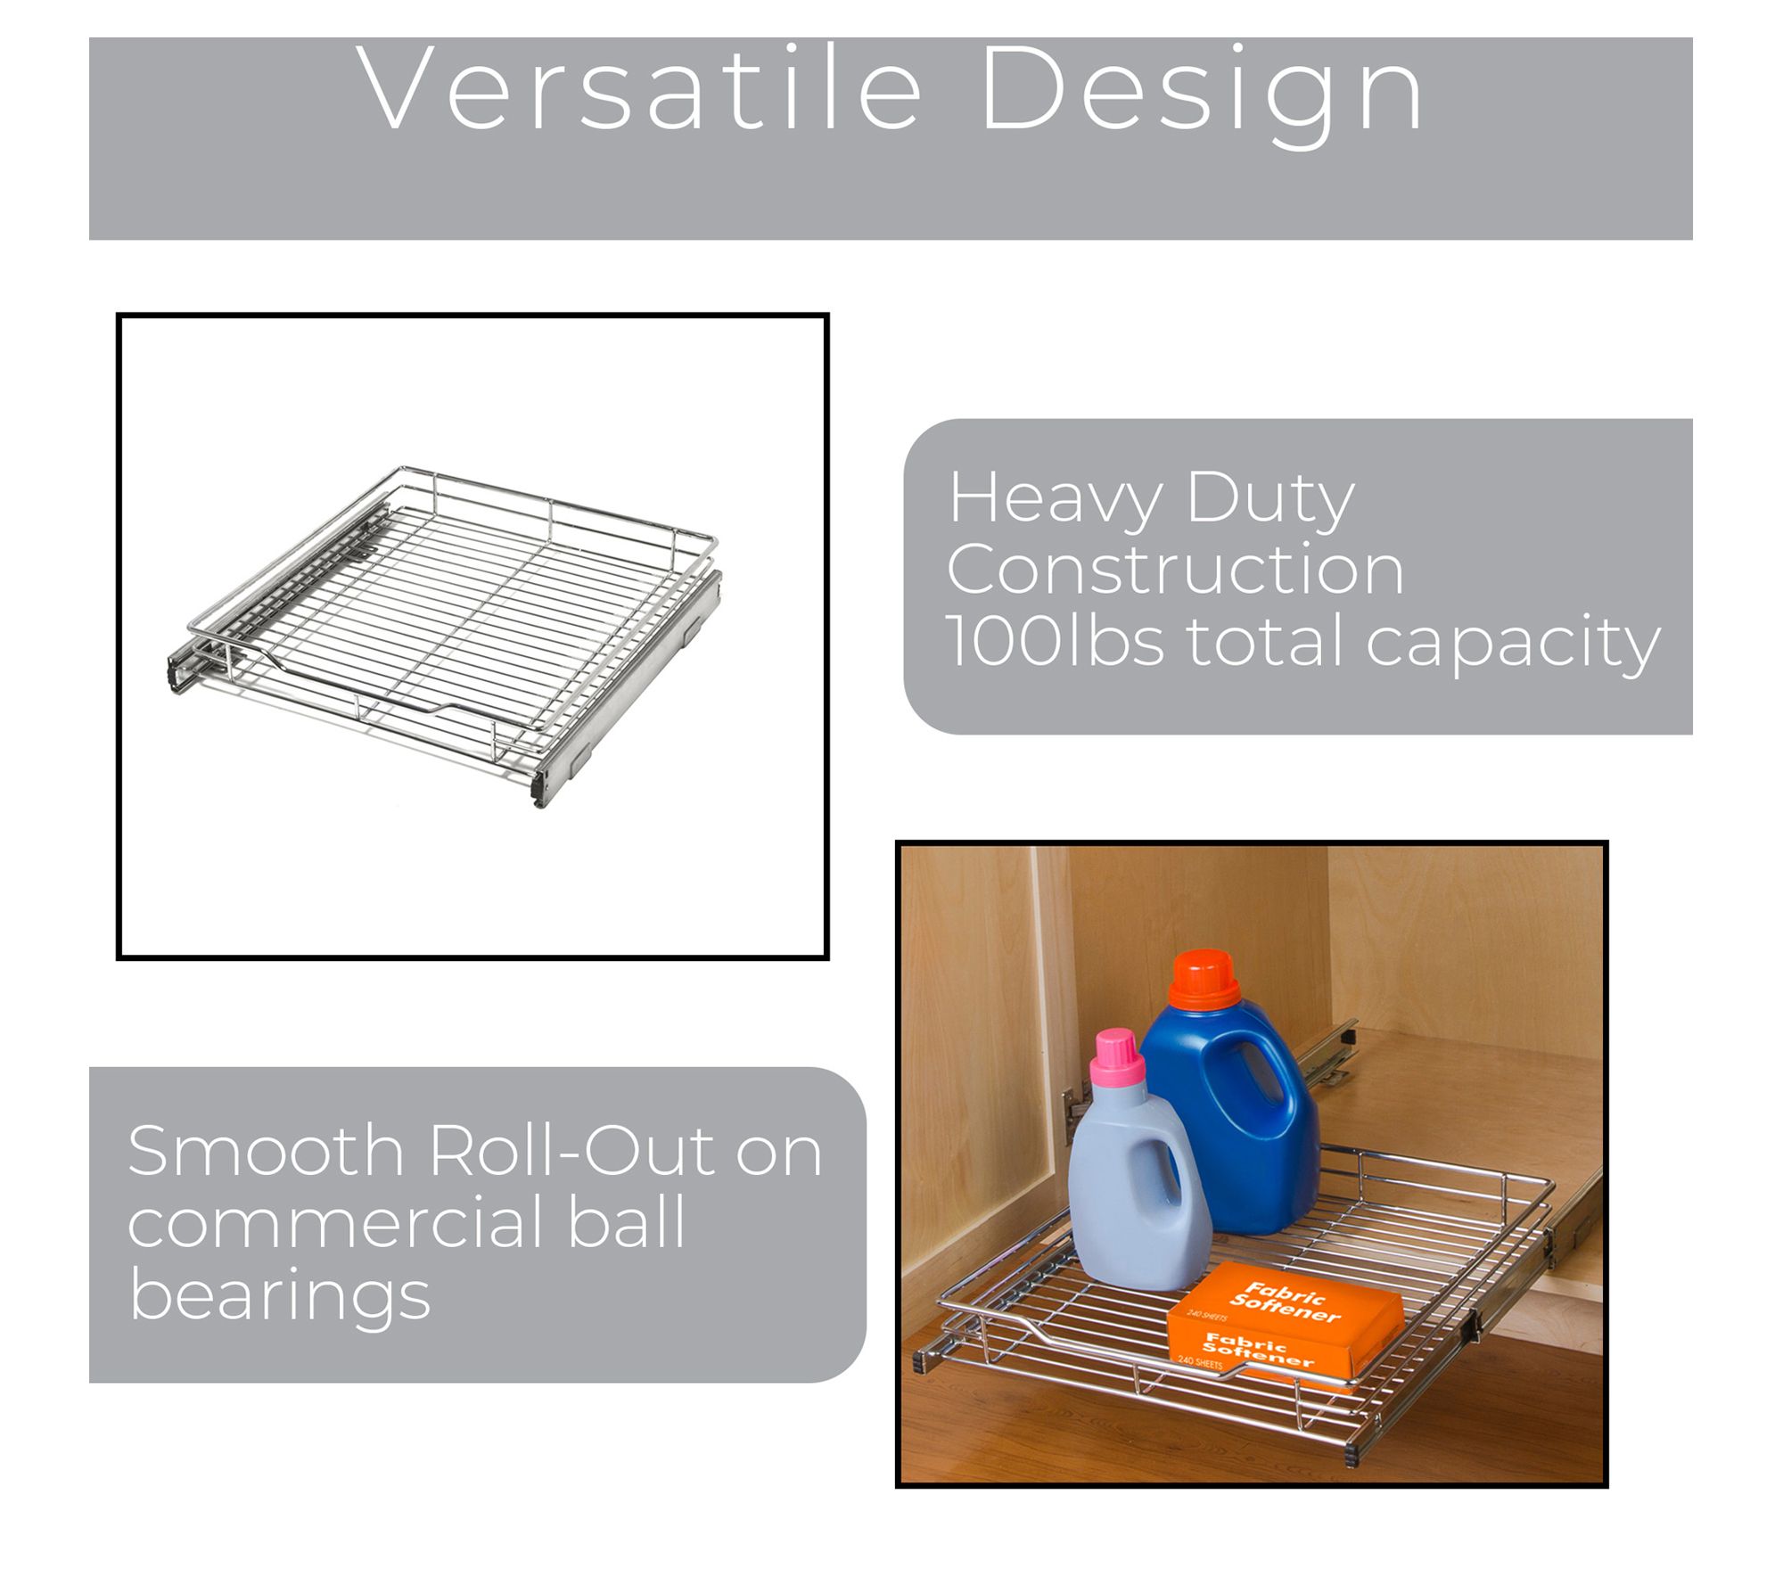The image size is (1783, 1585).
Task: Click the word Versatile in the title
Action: coord(639,89)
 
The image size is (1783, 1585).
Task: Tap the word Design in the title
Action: coord(1202,96)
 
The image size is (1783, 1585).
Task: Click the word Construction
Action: coord(1175,569)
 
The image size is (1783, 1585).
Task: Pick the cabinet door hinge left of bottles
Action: coord(1075,1114)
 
